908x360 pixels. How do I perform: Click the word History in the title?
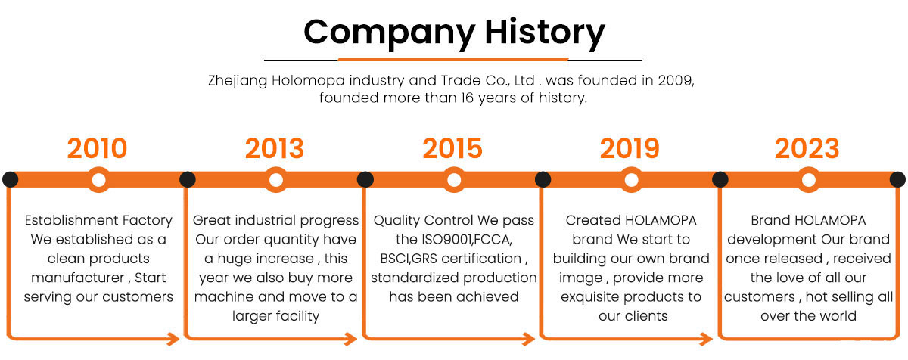click(545, 33)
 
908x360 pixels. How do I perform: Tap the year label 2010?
click(98, 149)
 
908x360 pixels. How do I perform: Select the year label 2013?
click(275, 149)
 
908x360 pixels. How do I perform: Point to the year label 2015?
click(452, 149)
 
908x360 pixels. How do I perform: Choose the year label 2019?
click(630, 149)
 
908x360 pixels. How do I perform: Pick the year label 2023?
click(807, 149)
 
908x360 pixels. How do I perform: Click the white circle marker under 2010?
click(98, 180)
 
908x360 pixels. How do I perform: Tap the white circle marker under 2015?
click(454, 180)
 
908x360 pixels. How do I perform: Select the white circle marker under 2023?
click(809, 180)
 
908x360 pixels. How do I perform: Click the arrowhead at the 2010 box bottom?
click(174, 339)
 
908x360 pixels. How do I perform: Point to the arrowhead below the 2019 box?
click(707, 339)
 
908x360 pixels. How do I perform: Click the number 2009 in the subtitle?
click(676, 81)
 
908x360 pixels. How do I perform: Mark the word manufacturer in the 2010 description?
click(77, 278)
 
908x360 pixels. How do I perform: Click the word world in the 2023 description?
click(838, 316)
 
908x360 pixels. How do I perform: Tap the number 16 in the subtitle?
click(468, 98)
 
